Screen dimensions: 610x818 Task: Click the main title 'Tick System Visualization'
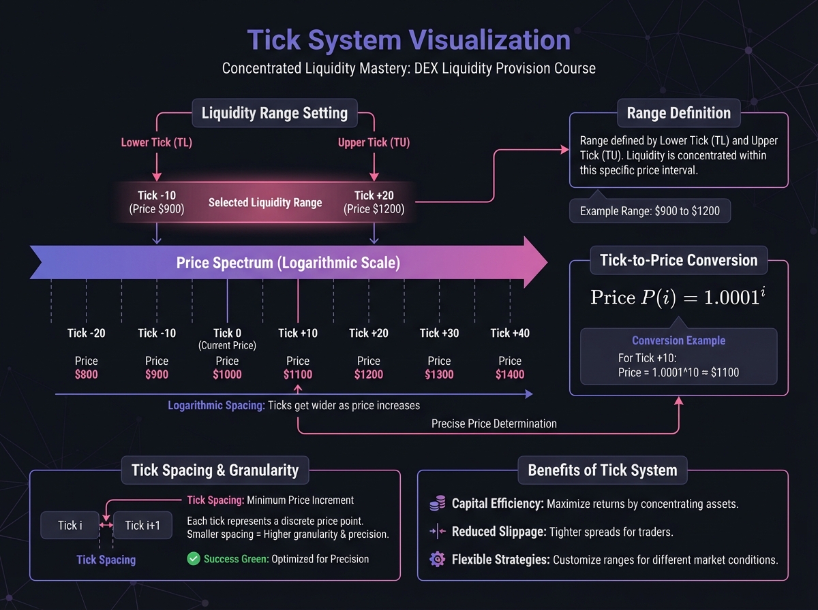(408, 40)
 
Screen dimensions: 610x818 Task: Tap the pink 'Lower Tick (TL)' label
(157, 142)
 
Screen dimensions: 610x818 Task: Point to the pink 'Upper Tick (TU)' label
(374, 142)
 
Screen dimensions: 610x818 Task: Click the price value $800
(86, 374)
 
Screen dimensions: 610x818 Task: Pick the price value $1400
(510, 374)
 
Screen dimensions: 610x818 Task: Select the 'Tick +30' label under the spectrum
(439, 333)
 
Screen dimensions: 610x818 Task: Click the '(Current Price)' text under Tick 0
(227, 345)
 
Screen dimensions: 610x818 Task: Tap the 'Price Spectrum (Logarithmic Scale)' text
(288, 262)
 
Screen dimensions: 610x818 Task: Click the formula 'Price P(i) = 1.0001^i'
(678, 297)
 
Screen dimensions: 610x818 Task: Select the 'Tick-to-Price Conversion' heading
(678, 260)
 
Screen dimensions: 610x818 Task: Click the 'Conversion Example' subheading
(678, 340)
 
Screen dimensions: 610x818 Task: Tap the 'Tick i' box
(70, 525)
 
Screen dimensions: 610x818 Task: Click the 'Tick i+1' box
(143, 525)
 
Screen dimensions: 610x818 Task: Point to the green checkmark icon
(193, 559)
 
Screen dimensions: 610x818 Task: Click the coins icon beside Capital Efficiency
(437, 504)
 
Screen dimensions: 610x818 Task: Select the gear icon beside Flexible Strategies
(437, 560)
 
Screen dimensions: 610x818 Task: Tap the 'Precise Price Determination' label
(494, 423)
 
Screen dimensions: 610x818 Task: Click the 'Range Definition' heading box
(678, 113)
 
